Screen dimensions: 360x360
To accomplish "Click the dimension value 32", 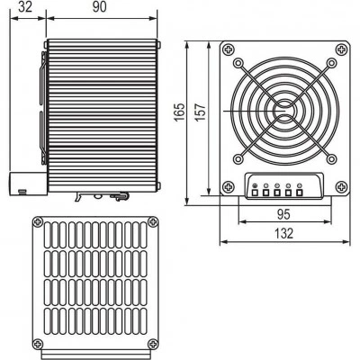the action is (25, 6).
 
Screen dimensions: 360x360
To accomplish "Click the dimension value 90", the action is (100, 6).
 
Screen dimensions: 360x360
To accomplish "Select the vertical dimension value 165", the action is (180, 112).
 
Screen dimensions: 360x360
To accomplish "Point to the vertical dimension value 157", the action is (202, 112).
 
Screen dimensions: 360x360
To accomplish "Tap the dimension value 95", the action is (283, 214).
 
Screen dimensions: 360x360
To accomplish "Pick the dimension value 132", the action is (283, 233).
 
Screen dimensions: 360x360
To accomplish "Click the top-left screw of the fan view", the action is (229, 49).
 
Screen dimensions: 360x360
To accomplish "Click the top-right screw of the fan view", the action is (341, 49).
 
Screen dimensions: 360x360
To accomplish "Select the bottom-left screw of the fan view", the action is (229, 187).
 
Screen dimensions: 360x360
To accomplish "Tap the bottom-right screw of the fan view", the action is (341, 187).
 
